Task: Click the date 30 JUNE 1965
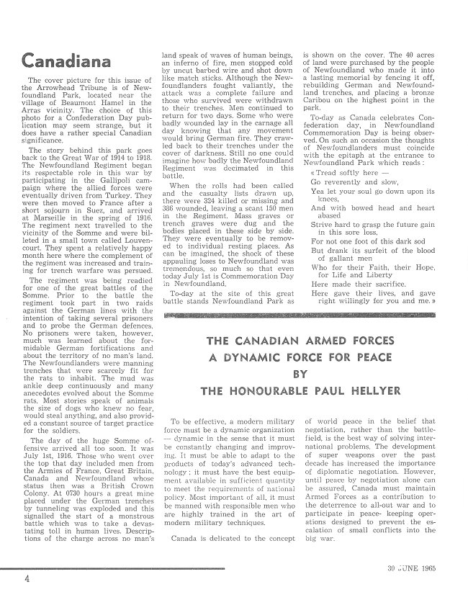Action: click(x=423, y=574)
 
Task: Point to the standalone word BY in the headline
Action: click(x=297, y=375)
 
